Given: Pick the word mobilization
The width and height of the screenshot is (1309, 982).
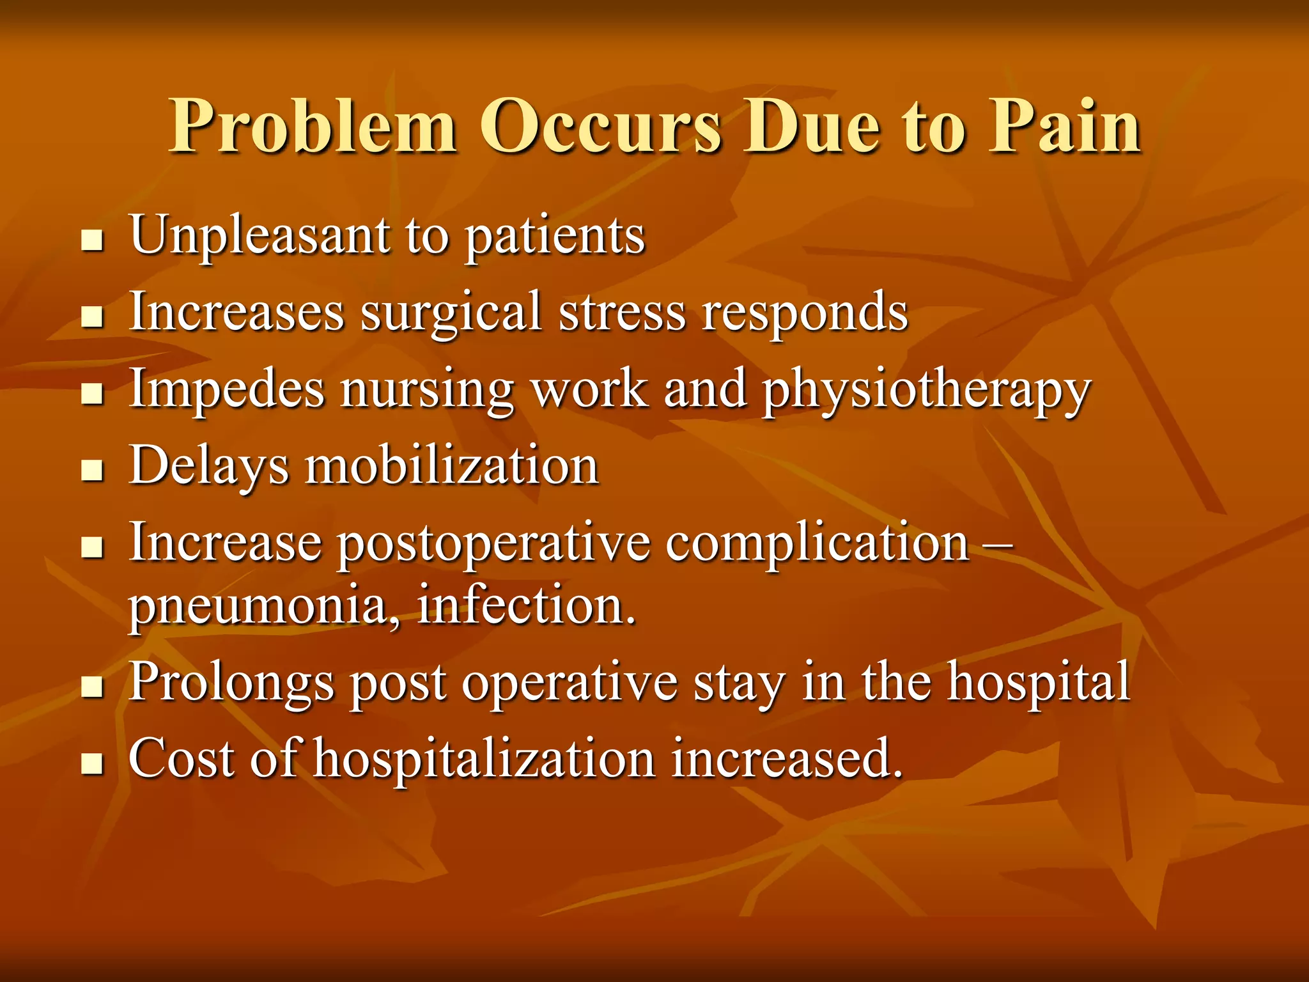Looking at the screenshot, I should click(x=453, y=466).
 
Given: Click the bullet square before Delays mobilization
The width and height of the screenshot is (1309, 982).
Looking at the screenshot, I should click(x=93, y=471).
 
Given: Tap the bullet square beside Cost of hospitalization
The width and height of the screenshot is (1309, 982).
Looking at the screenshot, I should click(x=93, y=764).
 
